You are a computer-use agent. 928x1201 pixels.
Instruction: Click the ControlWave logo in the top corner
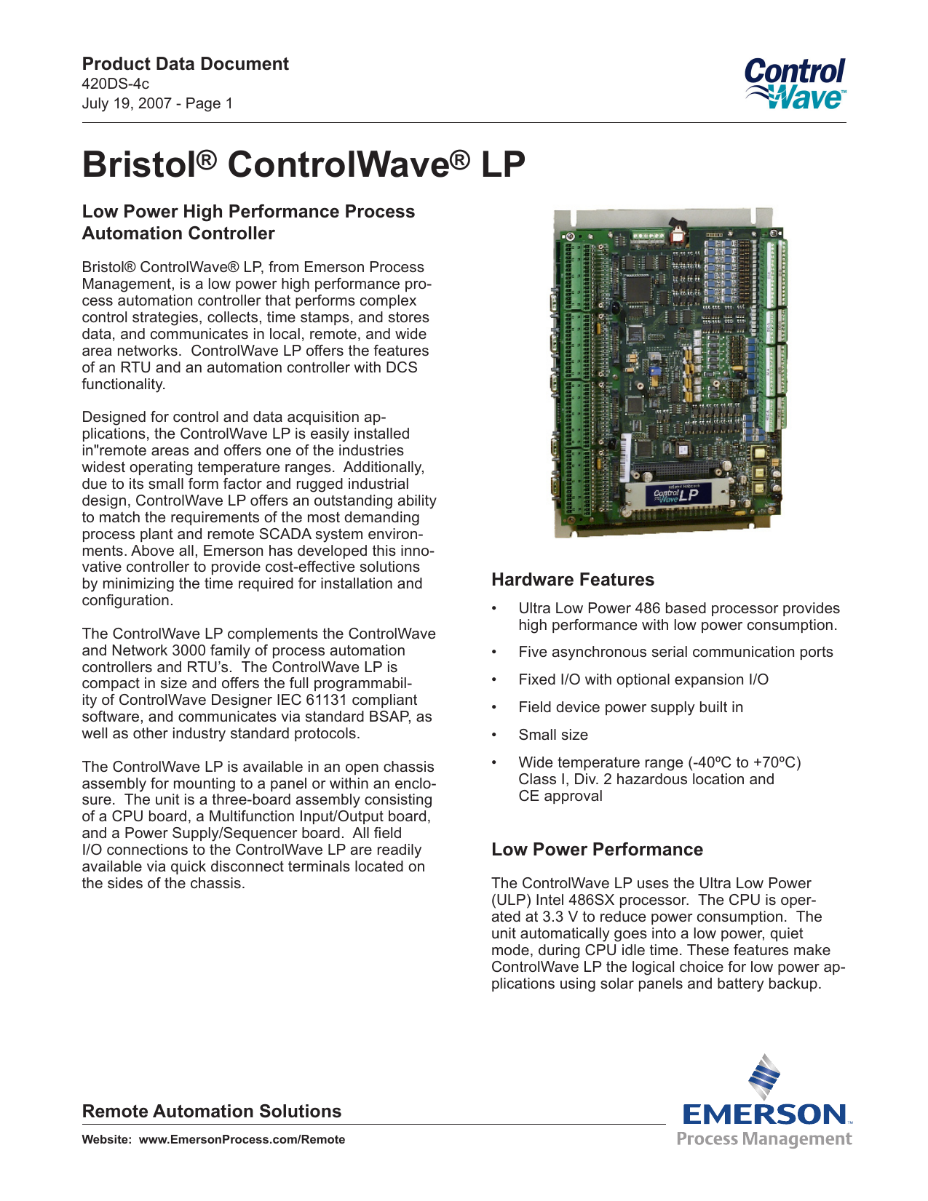(x=795, y=84)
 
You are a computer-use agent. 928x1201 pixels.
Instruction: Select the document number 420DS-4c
(x=116, y=84)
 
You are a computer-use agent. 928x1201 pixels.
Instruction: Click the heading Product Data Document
(x=185, y=64)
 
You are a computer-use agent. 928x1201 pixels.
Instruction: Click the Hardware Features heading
(x=572, y=580)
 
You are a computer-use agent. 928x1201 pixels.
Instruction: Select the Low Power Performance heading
(x=597, y=850)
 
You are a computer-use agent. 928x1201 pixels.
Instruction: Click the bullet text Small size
(x=553, y=735)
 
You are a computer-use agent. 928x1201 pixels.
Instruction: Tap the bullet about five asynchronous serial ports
(x=675, y=652)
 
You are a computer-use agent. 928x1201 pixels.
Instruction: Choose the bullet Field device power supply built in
(x=630, y=707)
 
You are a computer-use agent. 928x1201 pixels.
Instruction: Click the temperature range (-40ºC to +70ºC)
(x=744, y=762)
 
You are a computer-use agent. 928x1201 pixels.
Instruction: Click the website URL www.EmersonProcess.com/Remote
(x=242, y=1140)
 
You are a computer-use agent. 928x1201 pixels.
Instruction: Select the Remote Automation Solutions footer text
(x=211, y=1112)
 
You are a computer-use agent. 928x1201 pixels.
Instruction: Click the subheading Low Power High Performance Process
(x=248, y=212)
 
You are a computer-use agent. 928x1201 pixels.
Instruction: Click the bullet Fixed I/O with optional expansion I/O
(x=643, y=679)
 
